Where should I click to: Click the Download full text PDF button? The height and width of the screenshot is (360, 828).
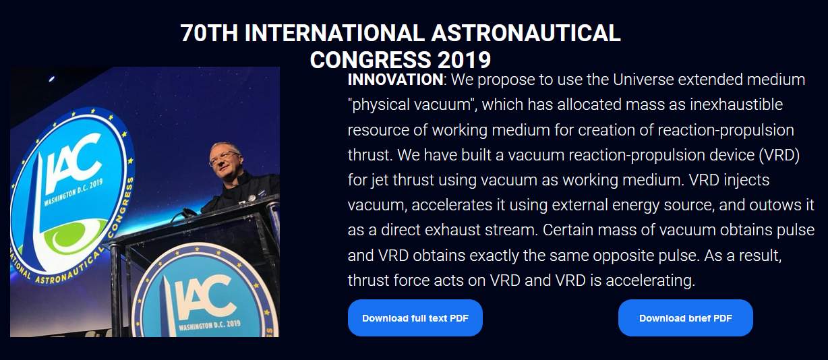tap(415, 318)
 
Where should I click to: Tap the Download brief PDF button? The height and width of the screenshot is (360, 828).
tap(685, 318)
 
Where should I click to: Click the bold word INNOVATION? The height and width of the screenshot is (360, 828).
tap(395, 80)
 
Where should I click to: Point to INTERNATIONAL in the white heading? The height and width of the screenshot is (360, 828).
tap(334, 32)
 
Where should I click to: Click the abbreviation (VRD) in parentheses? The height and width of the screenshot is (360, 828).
tap(779, 155)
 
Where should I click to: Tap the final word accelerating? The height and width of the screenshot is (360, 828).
tap(650, 280)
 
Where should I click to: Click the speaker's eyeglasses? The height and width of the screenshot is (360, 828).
tap(225, 158)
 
